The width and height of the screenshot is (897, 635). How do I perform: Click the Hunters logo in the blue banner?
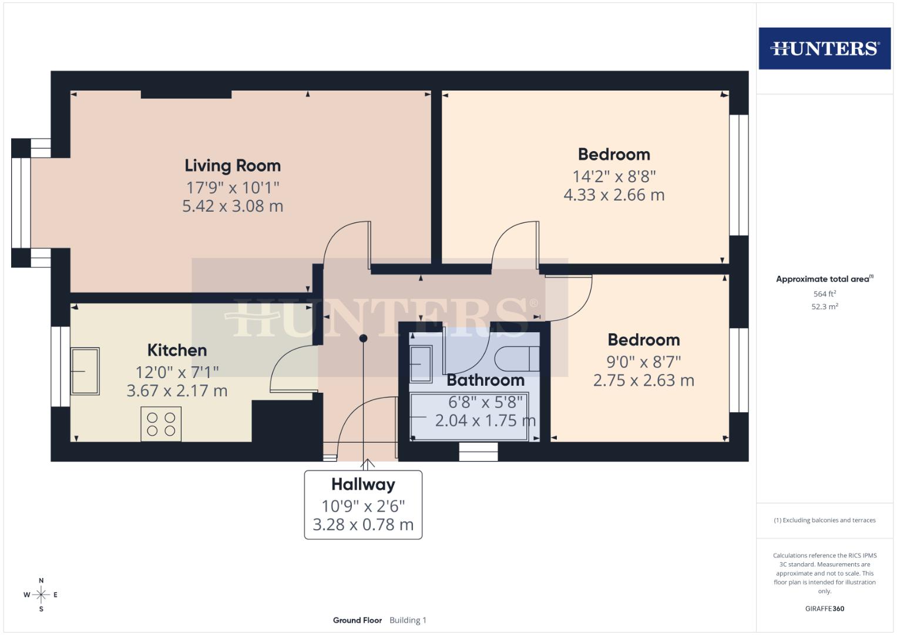pos(824,48)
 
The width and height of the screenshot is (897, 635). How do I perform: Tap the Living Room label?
pos(233,166)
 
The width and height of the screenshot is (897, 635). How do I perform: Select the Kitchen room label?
pos(177,350)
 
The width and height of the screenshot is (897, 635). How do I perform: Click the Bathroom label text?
pos(485,380)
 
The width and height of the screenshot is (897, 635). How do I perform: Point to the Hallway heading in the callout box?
pos(363,484)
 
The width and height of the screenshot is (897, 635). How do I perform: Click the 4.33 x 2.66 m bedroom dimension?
pos(614,195)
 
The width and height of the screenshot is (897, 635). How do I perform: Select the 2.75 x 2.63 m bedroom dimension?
pos(643,380)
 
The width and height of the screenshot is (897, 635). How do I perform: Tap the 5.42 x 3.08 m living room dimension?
pos(233,206)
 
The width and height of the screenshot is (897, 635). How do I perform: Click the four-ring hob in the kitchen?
pos(161,424)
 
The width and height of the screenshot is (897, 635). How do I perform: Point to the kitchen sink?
pos(85,371)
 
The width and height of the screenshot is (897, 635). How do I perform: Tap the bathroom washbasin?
pos(421,364)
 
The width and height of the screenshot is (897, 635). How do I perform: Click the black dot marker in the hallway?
pos(364,338)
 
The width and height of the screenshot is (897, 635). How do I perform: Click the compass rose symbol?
pos(41,595)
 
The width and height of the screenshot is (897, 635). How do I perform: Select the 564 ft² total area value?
pos(824,294)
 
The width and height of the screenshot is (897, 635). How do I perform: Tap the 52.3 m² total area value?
pos(824,306)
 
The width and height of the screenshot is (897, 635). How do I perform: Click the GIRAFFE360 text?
pos(824,609)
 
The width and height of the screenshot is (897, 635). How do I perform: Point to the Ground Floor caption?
pos(357,620)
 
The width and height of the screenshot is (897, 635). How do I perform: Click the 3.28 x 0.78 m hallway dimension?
pos(363,524)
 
